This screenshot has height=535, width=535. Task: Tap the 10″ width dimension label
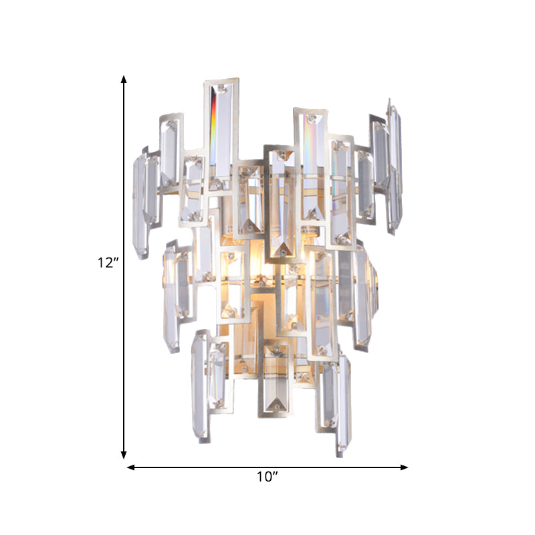(x=267, y=477)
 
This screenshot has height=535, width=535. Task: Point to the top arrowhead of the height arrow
(x=124, y=80)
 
